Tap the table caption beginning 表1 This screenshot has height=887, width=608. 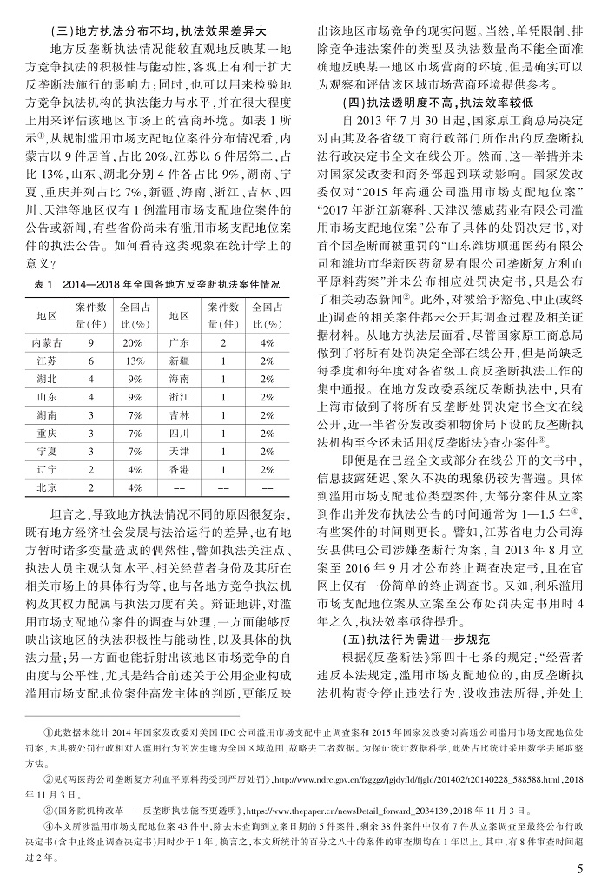[156, 283]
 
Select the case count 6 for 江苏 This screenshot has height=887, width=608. [91, 363]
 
